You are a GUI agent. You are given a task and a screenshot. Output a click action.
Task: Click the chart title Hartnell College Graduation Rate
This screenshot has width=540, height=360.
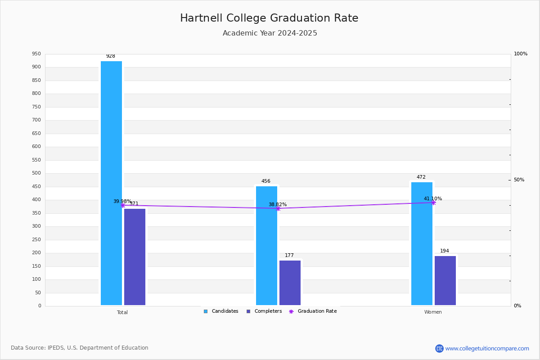pos(269,18)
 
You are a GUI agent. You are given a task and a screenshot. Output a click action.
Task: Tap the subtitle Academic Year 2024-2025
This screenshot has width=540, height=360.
pos(270,33)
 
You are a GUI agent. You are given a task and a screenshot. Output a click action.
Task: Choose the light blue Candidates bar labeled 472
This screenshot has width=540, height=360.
pos(422,243)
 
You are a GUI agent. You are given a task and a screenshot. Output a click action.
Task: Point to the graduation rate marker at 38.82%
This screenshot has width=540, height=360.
pos(278,208)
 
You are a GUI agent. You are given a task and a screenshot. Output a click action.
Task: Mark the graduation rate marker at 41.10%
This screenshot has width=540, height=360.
pos(433,202)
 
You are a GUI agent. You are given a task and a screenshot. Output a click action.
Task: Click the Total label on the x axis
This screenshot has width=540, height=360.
pos(122,312)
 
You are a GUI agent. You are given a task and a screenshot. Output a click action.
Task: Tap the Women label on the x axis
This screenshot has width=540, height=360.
pos(433,312)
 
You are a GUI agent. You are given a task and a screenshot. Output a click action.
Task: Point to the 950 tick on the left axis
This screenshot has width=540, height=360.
pos(36,54)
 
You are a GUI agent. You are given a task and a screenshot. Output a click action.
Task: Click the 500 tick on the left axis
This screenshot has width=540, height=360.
pos(36,173)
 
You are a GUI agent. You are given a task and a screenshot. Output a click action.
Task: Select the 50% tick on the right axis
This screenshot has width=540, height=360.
pos(519,180)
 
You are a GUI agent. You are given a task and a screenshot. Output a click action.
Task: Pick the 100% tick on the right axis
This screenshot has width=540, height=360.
pos(520,54)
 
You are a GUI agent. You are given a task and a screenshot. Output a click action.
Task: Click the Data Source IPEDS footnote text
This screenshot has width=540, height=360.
pos(80,348)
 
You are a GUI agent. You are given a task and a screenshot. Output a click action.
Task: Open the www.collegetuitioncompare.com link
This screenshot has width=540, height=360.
pos(487,348)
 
